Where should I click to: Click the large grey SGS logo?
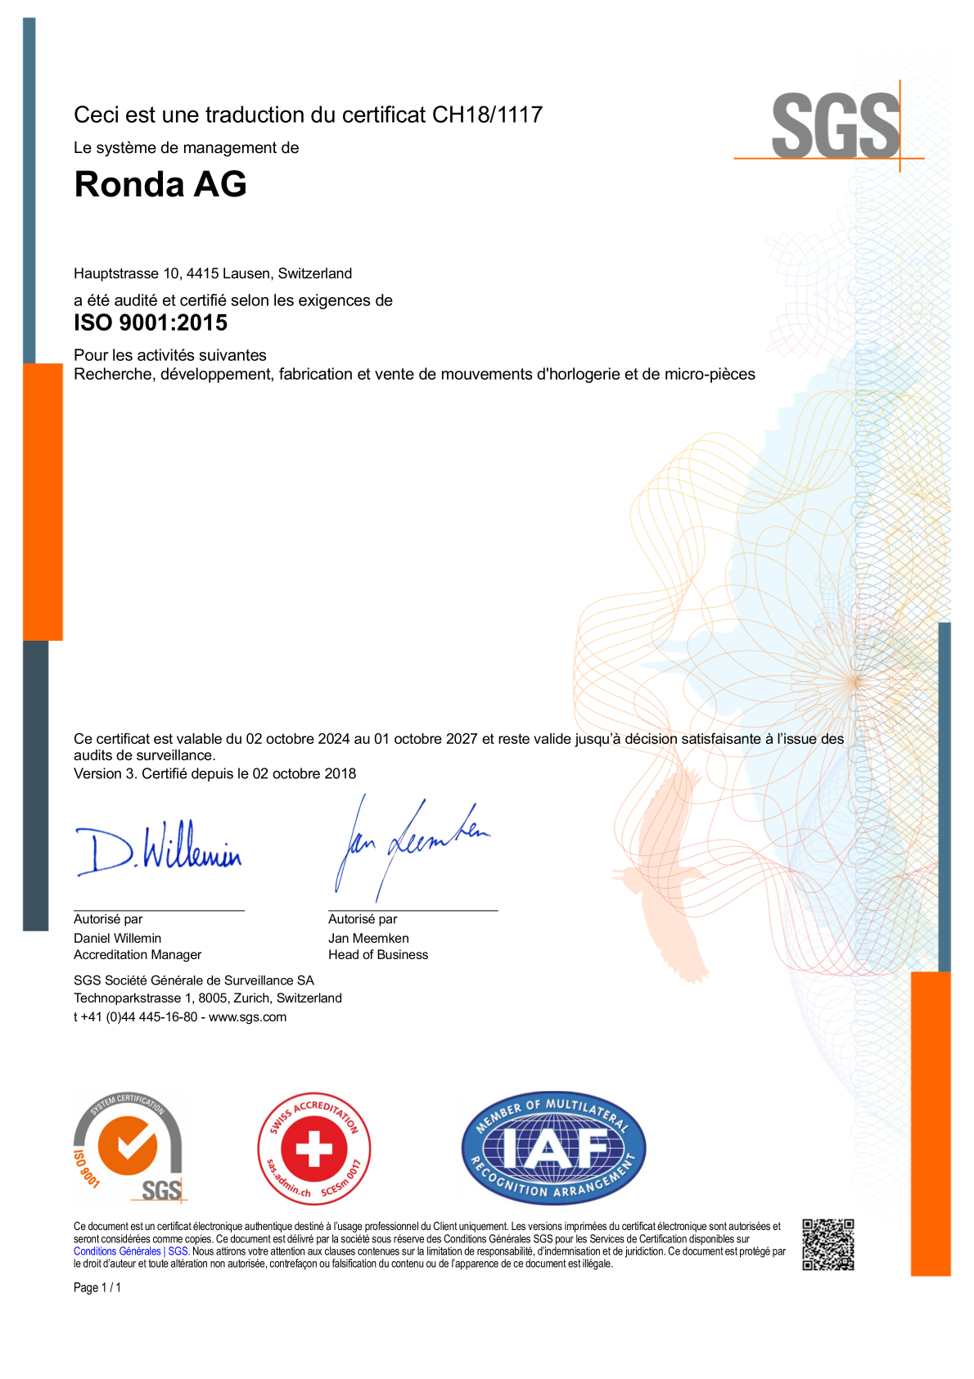(x=835, y=126)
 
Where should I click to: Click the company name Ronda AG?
(x=160, y=184)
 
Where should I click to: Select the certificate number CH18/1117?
(x=487, y=115)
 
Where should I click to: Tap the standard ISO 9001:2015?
(x=151, y=322)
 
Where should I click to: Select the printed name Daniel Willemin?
(x=117, y=938)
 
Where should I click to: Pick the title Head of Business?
(x=378, y=954)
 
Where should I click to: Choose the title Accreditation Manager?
(x=138, y=954)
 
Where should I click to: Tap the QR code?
(x=827, y=1244)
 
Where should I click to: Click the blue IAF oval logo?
(x=553, y=1147)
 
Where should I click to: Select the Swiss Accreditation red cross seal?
(x=314, y=1147)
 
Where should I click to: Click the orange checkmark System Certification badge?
(x=129, y=1147)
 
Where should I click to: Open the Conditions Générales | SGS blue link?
(x=131, y=1251)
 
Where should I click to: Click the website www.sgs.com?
(x=247, y=1017)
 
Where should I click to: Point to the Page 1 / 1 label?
(x=97, y=1287)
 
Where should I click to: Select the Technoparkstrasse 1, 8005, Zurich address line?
(x=208, y=998)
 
